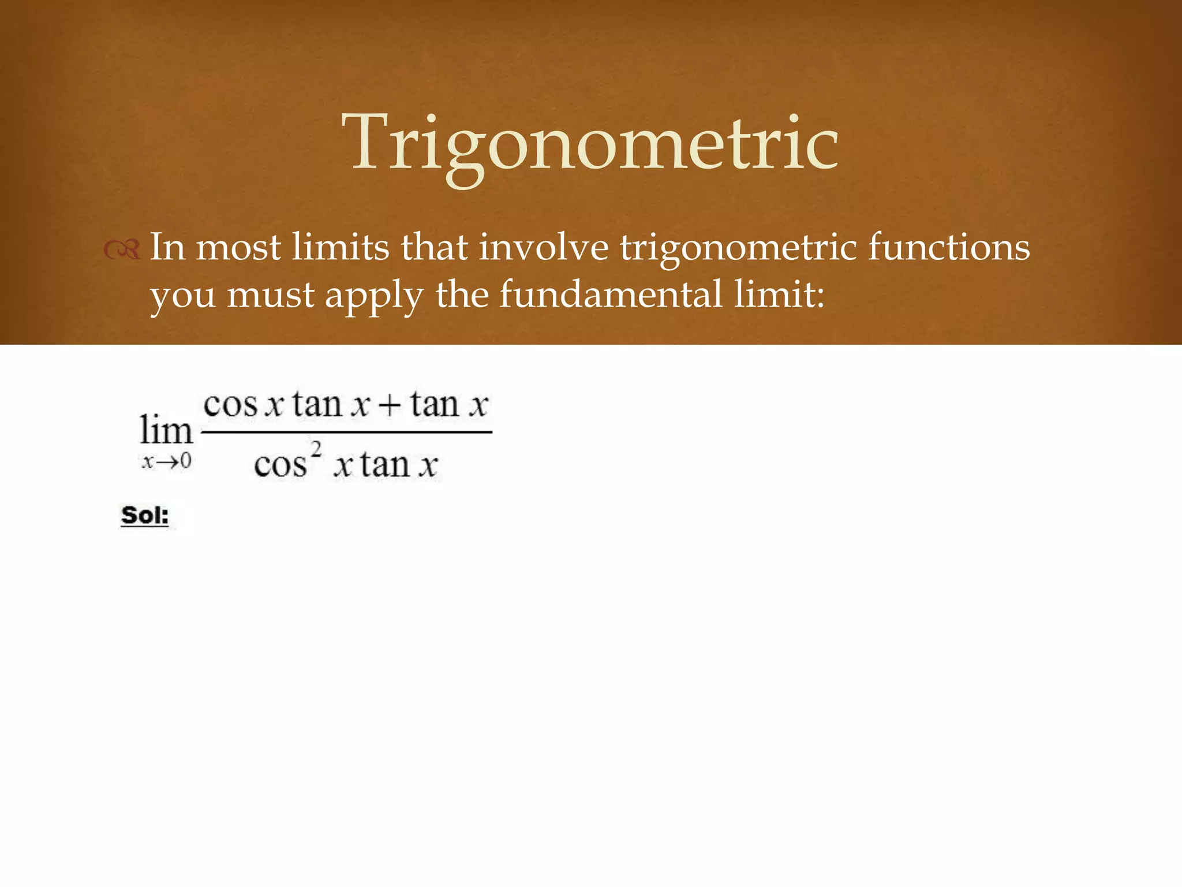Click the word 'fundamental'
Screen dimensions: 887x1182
point(610,295)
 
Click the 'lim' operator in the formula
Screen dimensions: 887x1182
point(166,431)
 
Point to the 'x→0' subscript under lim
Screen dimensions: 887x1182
point(166,461)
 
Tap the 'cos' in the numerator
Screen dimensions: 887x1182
point(230,404)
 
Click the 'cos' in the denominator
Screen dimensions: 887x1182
point(280,465)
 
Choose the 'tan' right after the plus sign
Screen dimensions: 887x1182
point(435,404)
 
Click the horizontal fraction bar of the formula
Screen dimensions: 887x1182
point(346,431)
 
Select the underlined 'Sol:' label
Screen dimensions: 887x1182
point(145,515)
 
